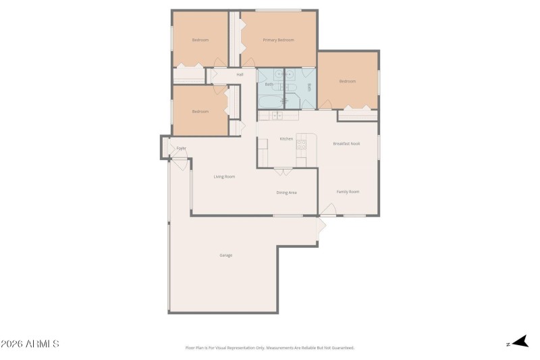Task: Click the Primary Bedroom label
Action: [278, 40]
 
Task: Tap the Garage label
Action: [225, 255]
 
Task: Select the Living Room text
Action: [224, 177]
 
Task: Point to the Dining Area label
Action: [287, 192]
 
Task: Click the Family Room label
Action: [348, 192]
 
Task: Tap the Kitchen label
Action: [286, 139]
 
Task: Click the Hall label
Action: [240, 74]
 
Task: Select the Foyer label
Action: [181, 148]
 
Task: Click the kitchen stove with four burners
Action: [302, 144]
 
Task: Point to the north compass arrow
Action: [519, 342]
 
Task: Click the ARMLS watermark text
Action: [30, 344]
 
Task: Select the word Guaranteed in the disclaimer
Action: [342, 348]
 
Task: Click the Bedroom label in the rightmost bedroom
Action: [347, 82]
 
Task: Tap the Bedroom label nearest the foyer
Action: [200, 111]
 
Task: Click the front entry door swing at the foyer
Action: [180, 161]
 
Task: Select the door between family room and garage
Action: [321, 224]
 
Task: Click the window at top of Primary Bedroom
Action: [278, 10]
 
